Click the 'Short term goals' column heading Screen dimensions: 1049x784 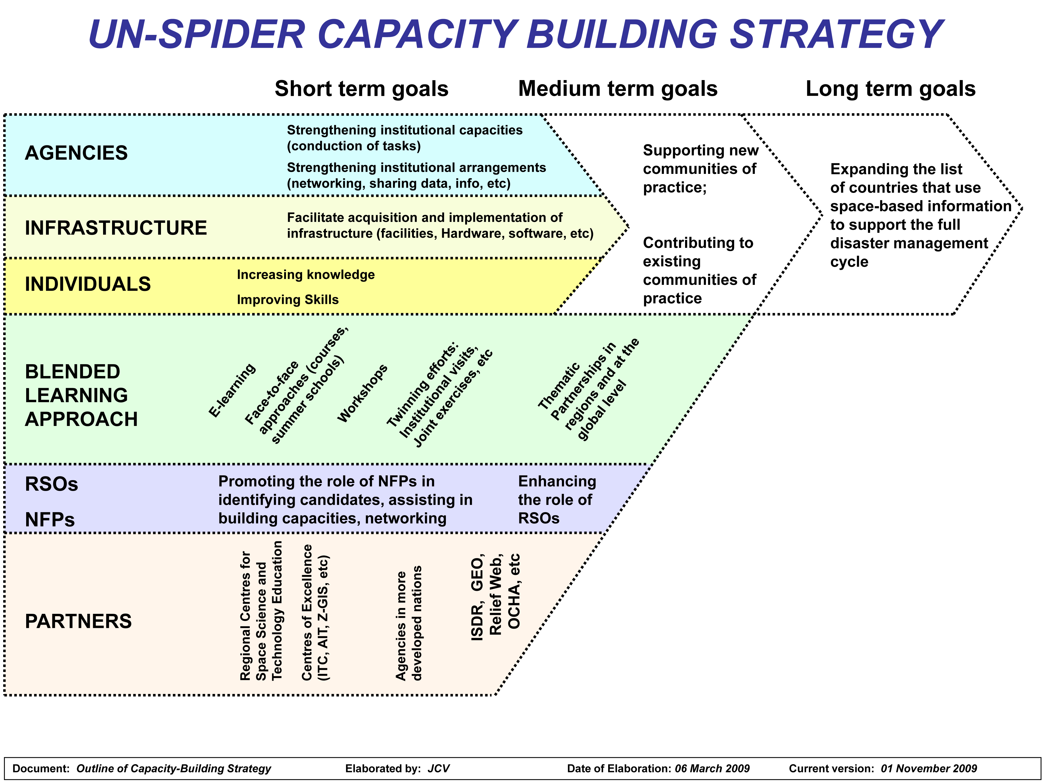[361, 89]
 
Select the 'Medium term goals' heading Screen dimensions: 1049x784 [618, 89]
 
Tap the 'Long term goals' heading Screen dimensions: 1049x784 [891, 89]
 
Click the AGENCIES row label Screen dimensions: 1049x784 [76, 153]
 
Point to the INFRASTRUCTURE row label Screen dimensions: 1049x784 [116, 228]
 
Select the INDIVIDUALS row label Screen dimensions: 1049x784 [88, 284]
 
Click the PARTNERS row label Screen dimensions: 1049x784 [78, 621]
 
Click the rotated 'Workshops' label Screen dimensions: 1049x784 [362, 393]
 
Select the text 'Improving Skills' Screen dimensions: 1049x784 [288, 300]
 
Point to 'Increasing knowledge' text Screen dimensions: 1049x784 [306, 275]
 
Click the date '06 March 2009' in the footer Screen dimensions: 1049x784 [712, 768]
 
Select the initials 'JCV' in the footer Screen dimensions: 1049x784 [439, 768]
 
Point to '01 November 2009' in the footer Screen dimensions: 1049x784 [929, 768]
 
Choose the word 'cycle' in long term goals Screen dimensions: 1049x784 [849, 262]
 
